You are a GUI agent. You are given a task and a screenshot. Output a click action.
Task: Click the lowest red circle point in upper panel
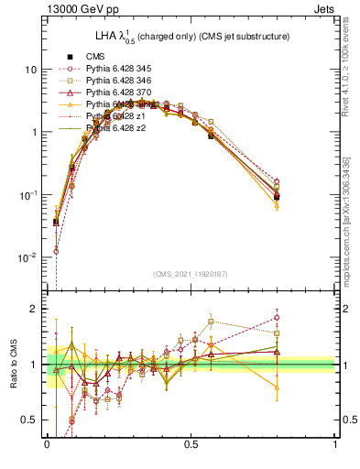[x=56, y=251]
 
